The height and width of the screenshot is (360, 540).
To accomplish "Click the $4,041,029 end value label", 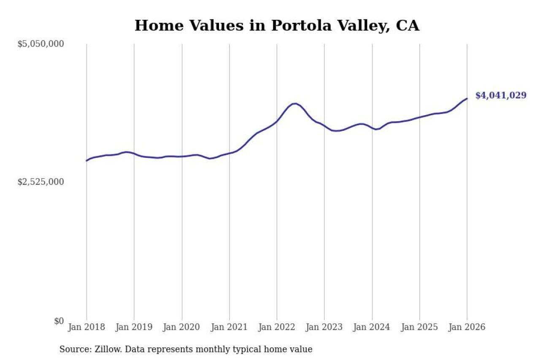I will pos(501,95).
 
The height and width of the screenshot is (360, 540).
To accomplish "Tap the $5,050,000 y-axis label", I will pos(40,44).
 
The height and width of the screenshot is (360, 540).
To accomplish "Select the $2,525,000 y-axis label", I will pos(40,182).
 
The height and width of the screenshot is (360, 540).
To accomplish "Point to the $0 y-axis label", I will pos(59,321).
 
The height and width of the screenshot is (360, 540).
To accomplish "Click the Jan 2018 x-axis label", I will pos(86,327).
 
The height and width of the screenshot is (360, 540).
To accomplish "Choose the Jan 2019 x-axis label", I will pos(134,327).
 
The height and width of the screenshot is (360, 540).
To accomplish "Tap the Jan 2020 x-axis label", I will pos(182,327).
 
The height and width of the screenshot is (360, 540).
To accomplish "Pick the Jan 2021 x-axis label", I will pos(229,327).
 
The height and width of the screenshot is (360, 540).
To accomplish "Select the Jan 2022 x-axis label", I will pos(277,327).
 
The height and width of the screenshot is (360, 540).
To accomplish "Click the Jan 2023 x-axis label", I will pos(324,327).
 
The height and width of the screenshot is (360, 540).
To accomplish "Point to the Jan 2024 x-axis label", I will pos(372,327).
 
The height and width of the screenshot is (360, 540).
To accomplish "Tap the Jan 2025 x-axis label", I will pos(420,327).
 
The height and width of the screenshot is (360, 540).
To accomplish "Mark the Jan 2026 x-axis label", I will pos(467,327).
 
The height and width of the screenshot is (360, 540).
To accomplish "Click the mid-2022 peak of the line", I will pos(294,103).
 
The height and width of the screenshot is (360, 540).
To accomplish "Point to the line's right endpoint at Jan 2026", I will pos(467,98).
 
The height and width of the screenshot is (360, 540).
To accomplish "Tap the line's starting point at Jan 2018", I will pos(86,161).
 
